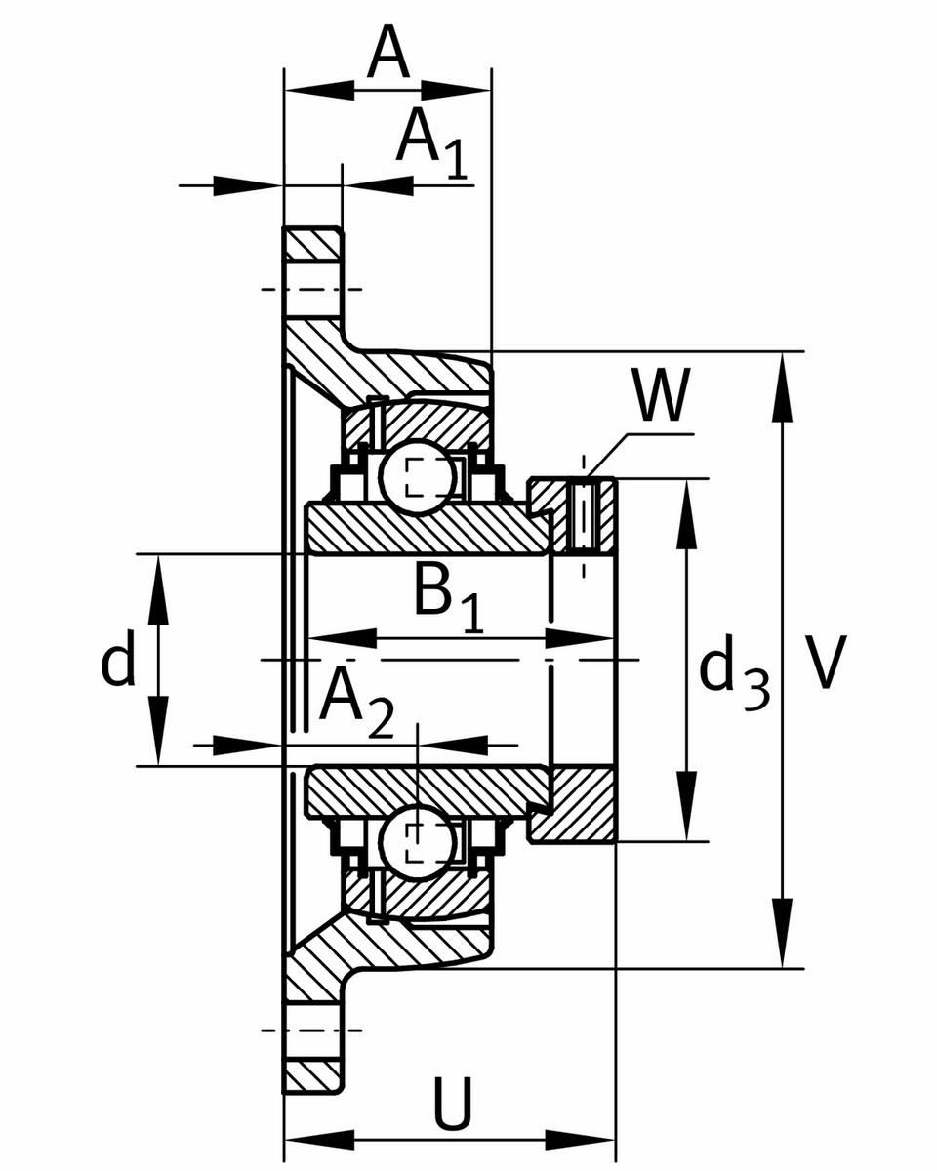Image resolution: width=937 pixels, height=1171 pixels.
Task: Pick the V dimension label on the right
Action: [x=825, y=664]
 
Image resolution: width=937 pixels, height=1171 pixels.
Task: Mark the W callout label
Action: [x=660, y=396]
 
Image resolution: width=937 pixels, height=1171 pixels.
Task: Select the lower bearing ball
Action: [x=417, y=844]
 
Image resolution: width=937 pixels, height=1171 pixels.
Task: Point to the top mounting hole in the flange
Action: [x=312, y=289]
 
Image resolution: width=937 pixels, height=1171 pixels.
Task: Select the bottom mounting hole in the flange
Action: [x=312, y=1030]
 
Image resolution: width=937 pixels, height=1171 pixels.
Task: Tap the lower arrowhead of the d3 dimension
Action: [x=687, y=805]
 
